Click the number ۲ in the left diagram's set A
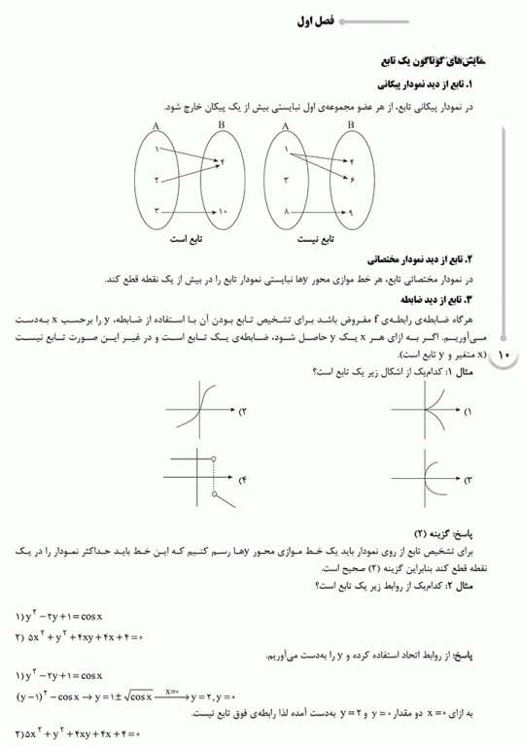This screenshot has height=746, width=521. (x=156, y=181)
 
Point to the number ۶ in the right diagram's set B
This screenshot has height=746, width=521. (x=353, y=181)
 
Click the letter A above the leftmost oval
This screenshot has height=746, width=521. (x=156, y=126)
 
